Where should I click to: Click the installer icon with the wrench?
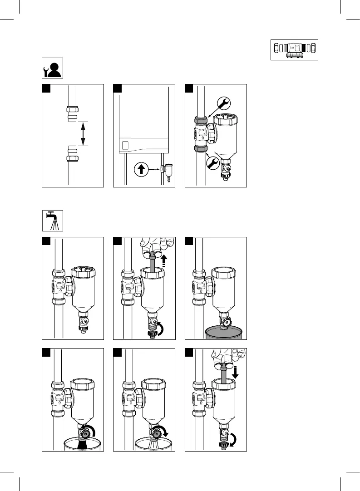tap(53, 68)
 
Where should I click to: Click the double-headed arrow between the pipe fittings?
tap(83, 134)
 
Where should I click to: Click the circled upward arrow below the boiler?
tap(141, 170)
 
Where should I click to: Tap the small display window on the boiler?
tap(126, 146)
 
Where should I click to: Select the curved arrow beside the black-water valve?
tap(94, 429)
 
